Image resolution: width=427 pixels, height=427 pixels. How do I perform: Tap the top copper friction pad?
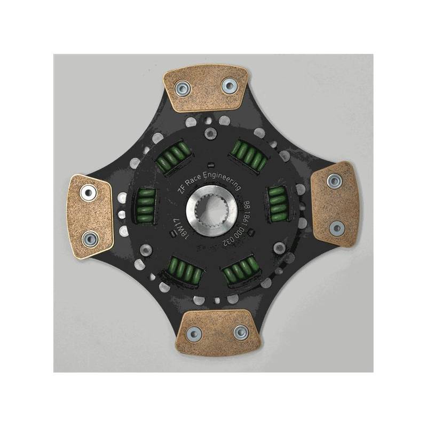[x=207, y=88]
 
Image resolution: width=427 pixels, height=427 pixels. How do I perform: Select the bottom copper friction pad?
[x=217, y=333]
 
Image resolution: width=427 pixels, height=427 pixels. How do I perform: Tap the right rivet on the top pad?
[x=230, y=85]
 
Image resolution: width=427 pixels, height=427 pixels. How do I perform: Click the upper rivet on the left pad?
[x=88, y=193]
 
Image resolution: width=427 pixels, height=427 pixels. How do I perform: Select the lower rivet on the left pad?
[x=90, y=239]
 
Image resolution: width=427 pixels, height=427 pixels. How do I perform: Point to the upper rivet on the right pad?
[x=335, y=180]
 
